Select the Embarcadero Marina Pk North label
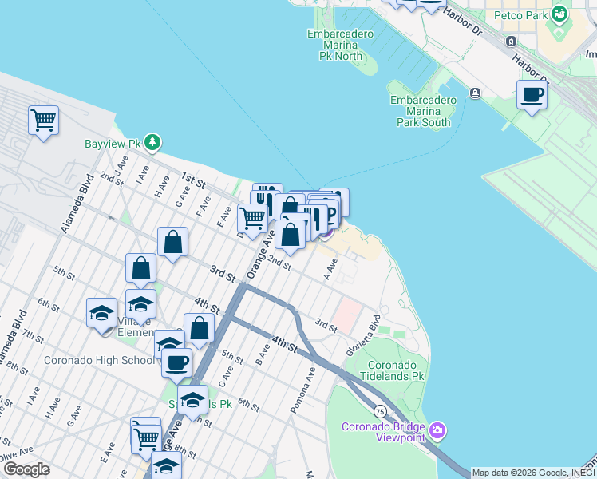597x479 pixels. [335, 45]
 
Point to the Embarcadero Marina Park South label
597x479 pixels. [423, 111]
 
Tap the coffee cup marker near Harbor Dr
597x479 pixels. [532, 96]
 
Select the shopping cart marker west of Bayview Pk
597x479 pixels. [43, 121]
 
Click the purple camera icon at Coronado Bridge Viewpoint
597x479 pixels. [437, 431]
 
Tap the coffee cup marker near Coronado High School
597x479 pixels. [176, 363]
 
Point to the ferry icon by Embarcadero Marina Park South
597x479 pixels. [475, 93]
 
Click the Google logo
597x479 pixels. [26, 469]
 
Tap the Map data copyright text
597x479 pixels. [533, 473]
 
